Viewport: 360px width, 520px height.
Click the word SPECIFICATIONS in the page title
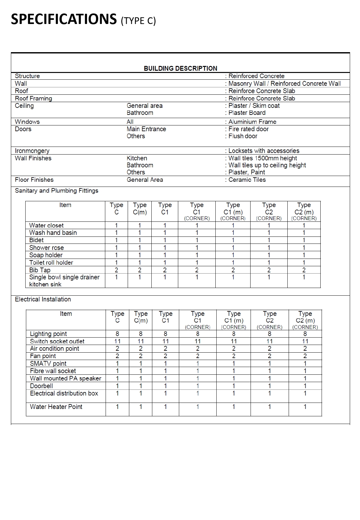[64, 19]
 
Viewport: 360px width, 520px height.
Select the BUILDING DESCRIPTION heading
[180, 68]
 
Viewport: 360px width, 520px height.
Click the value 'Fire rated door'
[248, 129]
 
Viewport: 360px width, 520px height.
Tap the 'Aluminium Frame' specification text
[252, 122]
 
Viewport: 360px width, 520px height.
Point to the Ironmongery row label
[32, 151]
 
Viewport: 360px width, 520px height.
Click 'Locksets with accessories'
[264, 151]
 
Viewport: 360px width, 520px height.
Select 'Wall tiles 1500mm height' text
[262, 158]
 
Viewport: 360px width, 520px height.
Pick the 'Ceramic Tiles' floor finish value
[247, 180]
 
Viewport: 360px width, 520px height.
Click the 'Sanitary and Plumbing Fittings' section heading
[57, 191]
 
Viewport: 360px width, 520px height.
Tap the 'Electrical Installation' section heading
[43, 299]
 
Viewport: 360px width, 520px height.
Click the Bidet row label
[36, 240]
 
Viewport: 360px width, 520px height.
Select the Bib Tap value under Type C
[116, 270]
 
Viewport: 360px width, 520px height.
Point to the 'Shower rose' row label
[46, 248]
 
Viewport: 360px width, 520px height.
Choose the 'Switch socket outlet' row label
[57, 341]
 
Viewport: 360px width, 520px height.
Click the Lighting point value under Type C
[117, 334]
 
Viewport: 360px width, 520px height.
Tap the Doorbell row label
[41, 386]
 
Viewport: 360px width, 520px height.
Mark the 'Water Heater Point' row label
[56, 407]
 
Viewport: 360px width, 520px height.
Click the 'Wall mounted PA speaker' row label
[66, 378]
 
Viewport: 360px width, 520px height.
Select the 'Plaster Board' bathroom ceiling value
[247, 113]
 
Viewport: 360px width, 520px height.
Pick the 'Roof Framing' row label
[33, 98]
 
